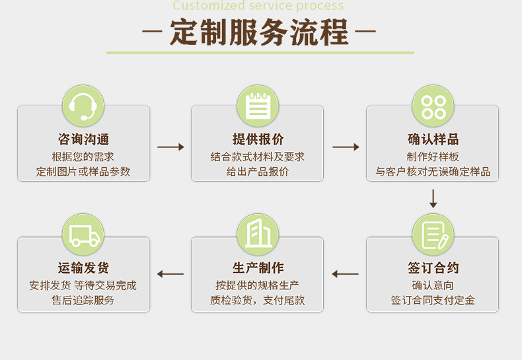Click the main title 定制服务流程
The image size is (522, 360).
258,33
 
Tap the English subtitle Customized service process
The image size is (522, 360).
258,6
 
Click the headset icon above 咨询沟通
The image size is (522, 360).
83,106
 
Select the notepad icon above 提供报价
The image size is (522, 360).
258,106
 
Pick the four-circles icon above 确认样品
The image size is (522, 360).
433,106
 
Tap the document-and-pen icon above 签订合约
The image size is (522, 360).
433,234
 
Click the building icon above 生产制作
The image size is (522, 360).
258,234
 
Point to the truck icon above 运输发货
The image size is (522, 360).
83,234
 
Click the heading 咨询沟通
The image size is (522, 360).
83,139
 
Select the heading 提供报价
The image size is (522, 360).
258,139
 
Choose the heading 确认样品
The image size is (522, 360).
433,139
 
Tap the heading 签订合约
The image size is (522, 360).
433,268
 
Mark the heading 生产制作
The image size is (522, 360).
258,268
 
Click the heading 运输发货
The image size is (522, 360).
83,268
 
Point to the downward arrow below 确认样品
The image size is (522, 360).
433,198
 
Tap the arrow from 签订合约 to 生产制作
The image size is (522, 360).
345,274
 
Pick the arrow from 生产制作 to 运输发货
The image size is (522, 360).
170,274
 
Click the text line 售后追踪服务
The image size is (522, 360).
83,301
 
